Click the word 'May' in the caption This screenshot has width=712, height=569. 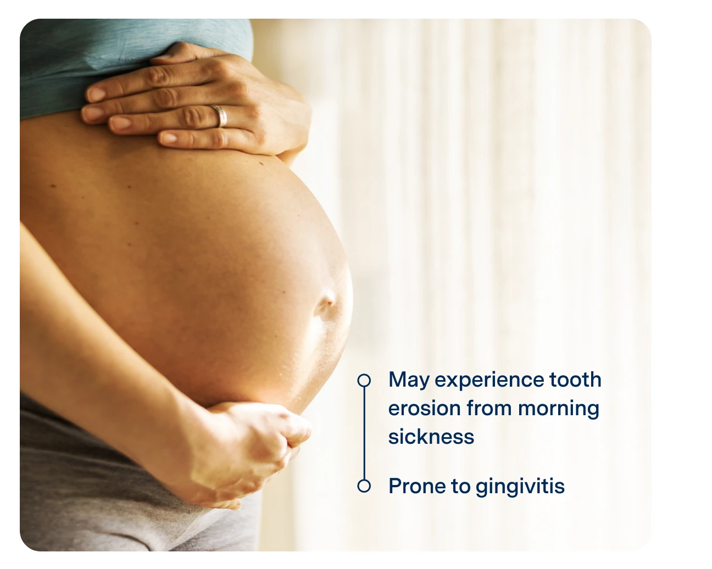[x=409, y=380]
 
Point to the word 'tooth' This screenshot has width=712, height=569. [x=575, y=380]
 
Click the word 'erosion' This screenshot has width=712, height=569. [x=424, y=409]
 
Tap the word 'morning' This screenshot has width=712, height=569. [x=558, y=409]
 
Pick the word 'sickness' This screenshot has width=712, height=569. [x=431, y=437]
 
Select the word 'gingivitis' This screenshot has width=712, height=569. [x=520, y=487]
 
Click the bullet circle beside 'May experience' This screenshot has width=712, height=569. [x=364, y=380]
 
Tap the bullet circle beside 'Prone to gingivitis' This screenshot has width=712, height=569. [x=364, y=486]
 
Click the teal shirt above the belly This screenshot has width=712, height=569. [x=110, y=60]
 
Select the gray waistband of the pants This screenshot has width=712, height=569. [x=82, y=439]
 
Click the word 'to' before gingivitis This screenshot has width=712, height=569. [x=460, y=487]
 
